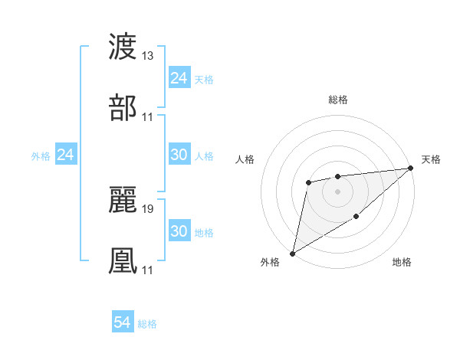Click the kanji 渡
[x=123, y=47]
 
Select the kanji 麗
[x=123, y=201]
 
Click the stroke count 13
[x=148, y=57]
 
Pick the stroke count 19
[x=148, y=209]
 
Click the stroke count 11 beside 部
[x=148, y=117]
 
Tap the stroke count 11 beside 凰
[x=148, y=270]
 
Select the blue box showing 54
[x=123, y=323]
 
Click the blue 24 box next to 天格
[x=179, y=78]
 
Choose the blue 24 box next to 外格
[x=66, y=155]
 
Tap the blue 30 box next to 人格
[x=179, y=155]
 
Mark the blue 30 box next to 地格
[x=179, y=231]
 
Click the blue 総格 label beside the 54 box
[x=147, y=324]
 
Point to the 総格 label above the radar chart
[x=338, y=100]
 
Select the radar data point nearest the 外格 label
[x=292, y=253]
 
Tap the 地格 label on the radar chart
[x=402, y=263]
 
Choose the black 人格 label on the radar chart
[x=245, y=159]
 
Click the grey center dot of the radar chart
[x=337, y=191]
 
